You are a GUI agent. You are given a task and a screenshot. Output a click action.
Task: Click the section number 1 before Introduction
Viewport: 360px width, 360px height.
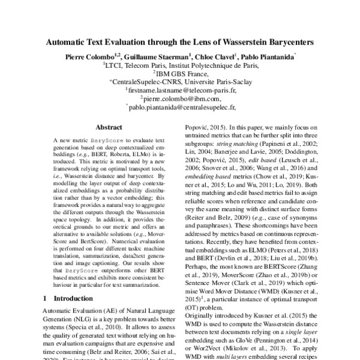pos(46,298)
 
